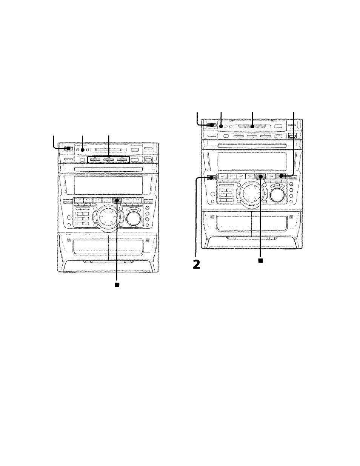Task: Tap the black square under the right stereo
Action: coord(260,260)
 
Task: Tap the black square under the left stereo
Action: coord(117,285)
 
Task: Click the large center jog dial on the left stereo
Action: coord(108,218)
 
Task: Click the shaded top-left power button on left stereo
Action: coord(68,149)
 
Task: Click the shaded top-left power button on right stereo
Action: coord(211,125)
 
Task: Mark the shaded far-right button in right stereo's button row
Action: coord(280,176)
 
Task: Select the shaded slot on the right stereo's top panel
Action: coord(252,126)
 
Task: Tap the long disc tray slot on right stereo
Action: coord(252,145)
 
